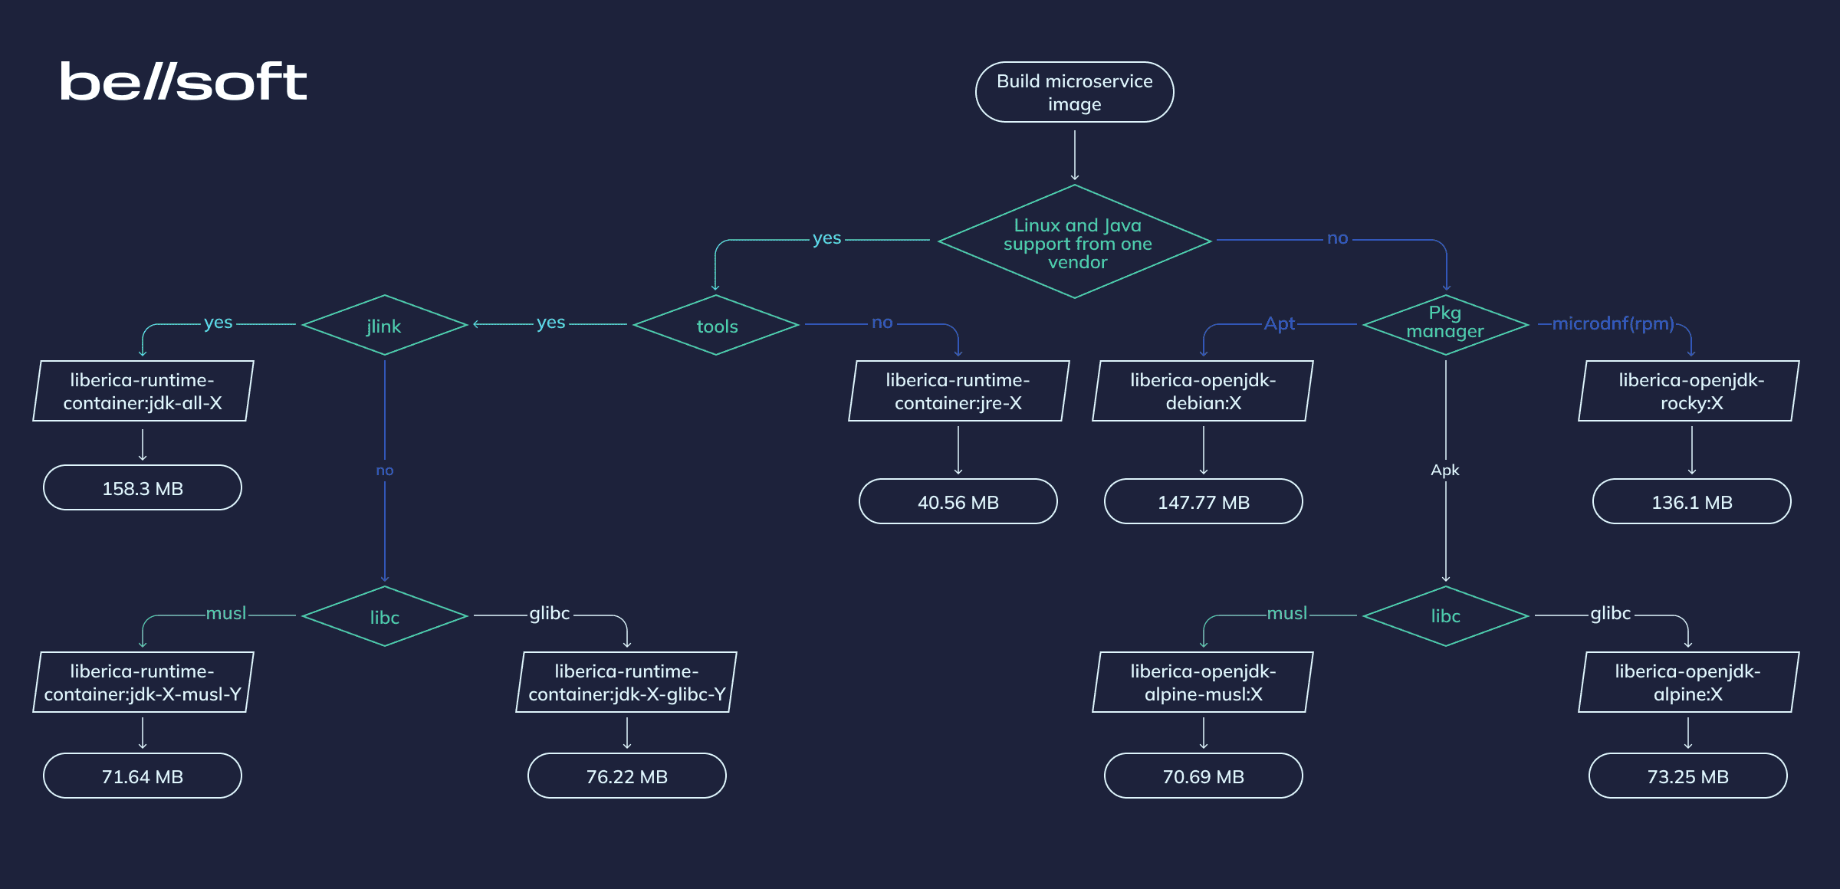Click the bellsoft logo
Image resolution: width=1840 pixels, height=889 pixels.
click(x=183, y=82)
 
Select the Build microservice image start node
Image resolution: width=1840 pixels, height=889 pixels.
click(x=1074, y=92)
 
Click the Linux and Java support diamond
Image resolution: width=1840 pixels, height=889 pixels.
click(x=1074, y=242)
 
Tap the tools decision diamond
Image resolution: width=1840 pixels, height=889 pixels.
click(x=716, y=326)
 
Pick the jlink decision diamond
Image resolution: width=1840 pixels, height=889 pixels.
click(x=384, y=326)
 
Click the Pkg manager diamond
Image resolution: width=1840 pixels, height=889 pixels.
click(x=1445, y=324)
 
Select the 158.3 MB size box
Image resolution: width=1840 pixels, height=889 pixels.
click(x=143, y=488)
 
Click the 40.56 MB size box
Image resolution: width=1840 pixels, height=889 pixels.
click(x=958, y=502)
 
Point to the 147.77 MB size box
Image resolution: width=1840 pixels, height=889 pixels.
click(x=1203, y=502)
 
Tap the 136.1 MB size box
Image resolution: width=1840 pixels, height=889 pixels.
click(x=1691, y=502)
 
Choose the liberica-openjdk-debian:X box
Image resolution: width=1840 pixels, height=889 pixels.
click(x=1202, y=391)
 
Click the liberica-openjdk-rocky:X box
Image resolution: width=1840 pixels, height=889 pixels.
click(x=1690, y=391)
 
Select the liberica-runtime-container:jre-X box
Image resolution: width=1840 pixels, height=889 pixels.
click(x=958, y=391)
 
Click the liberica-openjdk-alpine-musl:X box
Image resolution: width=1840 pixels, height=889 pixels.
click(x=1202, y=682)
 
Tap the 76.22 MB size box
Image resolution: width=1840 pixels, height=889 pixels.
click(x=626, y=776)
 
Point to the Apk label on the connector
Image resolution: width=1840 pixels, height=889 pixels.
click(x=1445, y=470)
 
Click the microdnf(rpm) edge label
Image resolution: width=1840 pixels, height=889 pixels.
click(x=1613, y=323)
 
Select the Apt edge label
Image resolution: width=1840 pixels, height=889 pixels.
click(x=1279, y=323)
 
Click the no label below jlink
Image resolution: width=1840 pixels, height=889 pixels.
click(x=384, y=471)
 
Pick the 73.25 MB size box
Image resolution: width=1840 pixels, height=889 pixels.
click(x=1687, y=776)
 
